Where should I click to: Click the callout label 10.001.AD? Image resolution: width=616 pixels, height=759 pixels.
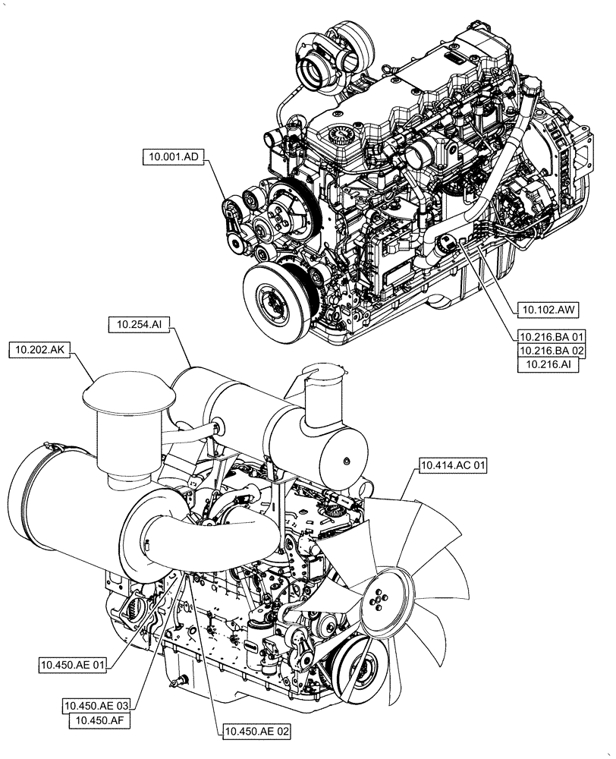[x=171, y=158]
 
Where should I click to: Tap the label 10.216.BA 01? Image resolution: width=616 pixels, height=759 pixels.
[x=552, y=336]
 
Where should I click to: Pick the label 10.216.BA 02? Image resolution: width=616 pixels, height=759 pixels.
[x=552, y=351]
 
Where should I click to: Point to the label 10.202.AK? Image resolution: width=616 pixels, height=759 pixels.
[x=39, y=350]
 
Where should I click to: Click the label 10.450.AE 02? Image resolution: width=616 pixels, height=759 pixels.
[x=256, y=732]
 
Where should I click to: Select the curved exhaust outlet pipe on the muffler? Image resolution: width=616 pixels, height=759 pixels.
[x=317, y=380]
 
